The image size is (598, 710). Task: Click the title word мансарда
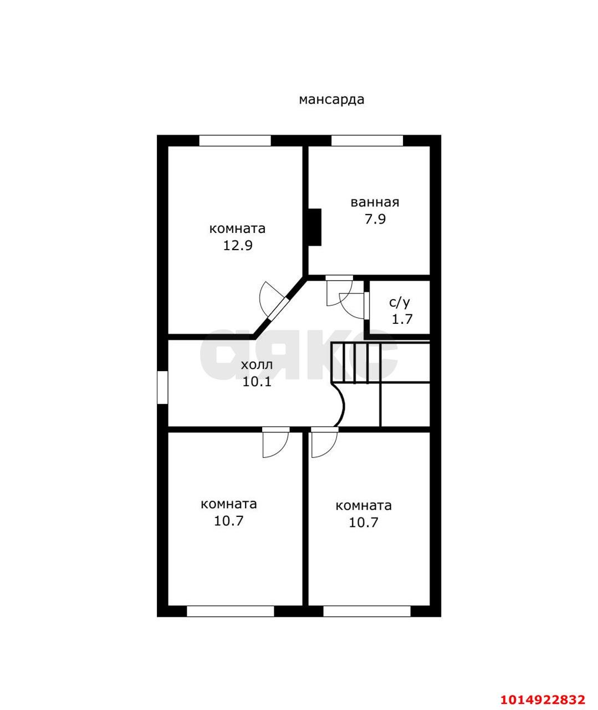pos(331,100)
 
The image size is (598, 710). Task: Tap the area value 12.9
pos(238,246)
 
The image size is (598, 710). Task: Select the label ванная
pos(375,202)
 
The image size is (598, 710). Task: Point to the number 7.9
pos(375,219)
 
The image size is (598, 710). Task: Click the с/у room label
pos(400,302)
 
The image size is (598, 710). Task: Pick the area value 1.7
pos(402,319)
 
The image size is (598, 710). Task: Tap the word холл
pos(257,365)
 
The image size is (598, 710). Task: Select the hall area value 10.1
pos(257,382)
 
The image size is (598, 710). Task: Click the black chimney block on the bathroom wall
pos(315,227)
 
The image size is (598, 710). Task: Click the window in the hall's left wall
pos(162,388)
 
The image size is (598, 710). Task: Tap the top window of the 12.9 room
pos(235,141)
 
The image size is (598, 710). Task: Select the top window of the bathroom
pos(367,141)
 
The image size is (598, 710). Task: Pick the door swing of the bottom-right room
pos(324,442)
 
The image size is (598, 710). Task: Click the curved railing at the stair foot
pos(339,404)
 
